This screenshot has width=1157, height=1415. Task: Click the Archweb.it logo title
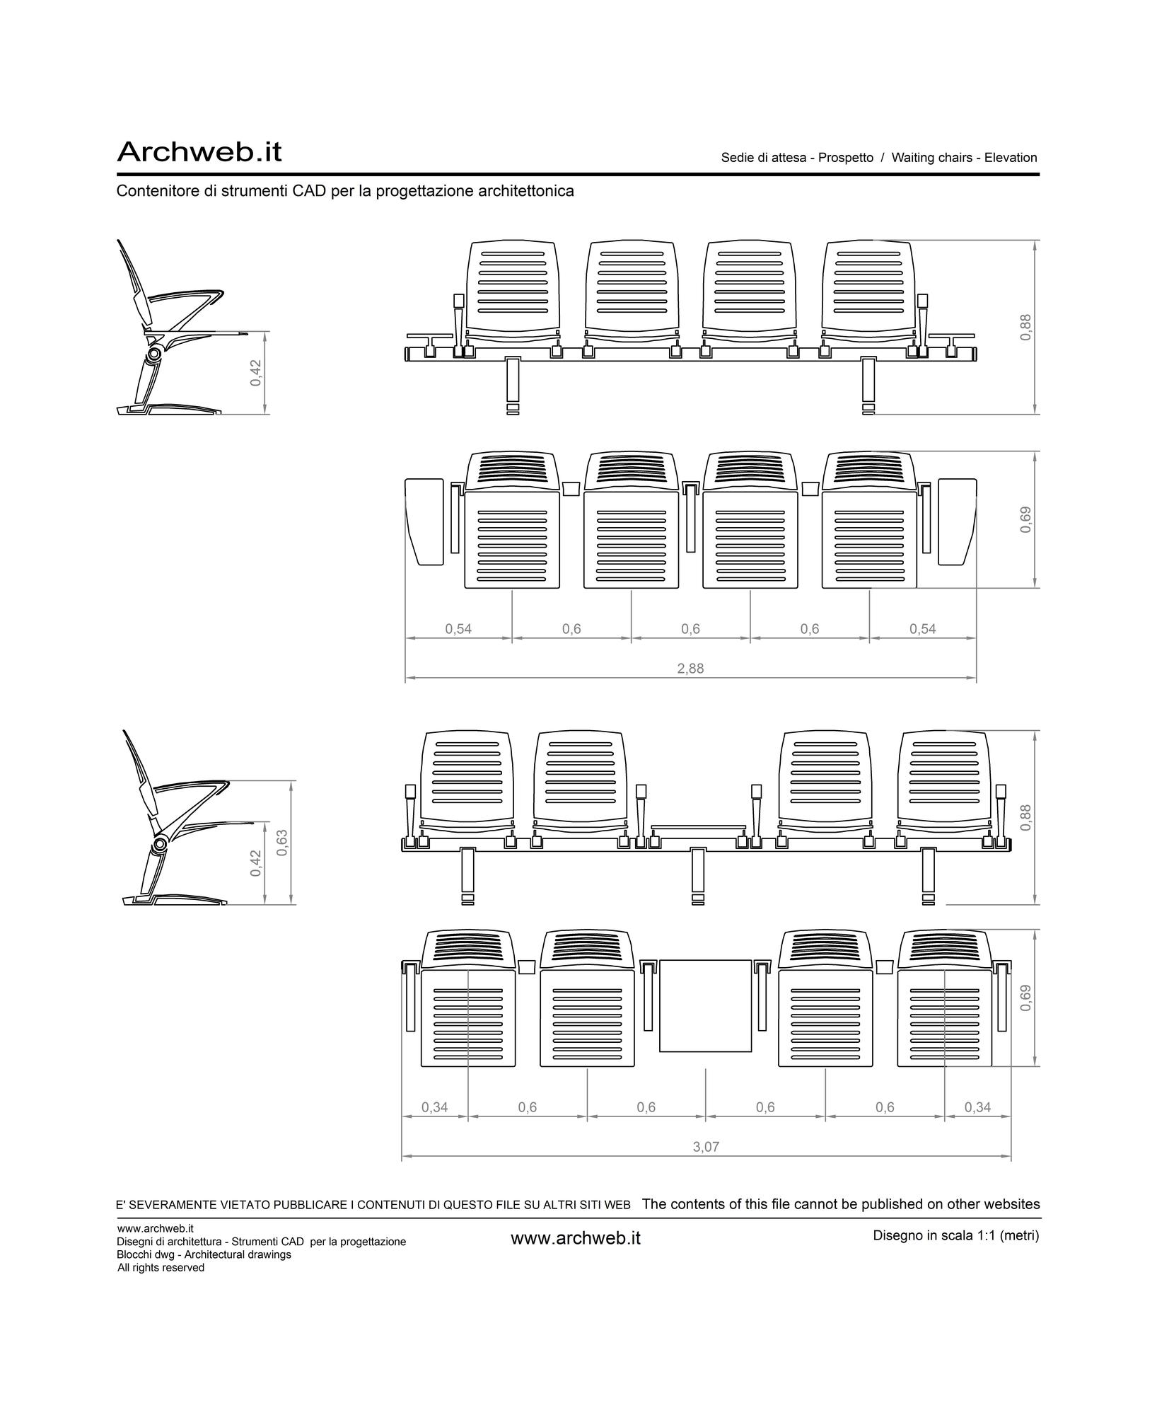tap(199, 151)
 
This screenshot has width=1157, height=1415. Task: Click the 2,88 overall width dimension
tap(690, 669)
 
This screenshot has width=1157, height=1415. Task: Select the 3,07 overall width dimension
tap(706, 1147)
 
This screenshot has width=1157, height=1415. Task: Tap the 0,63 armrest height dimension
tap(282, 843)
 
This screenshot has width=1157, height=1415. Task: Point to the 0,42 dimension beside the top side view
tap(256, 373)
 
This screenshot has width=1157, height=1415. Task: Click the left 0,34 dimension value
tap(435, 1107)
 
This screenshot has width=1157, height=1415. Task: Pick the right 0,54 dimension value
tap(923, 629)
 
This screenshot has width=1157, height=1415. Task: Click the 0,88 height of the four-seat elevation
tap(1026, 327)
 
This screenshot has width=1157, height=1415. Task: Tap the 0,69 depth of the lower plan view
tap(1026, 998)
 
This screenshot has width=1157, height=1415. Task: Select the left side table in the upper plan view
tap(424, 522)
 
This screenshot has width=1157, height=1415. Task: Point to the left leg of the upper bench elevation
tap(513, 386)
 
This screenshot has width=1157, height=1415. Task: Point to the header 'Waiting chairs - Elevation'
tap(964, 158)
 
